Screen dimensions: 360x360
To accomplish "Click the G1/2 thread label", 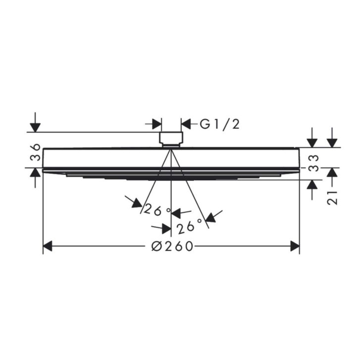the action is pyautogui.click(x=219, y=124).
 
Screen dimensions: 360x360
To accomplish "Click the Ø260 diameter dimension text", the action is pyautogui.click(x=172, y=246).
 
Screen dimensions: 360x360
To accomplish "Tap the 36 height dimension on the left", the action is pyautogui.click(x=36, y=152).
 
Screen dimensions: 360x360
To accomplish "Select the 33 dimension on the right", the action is pyautogui.click(x=313, y=163).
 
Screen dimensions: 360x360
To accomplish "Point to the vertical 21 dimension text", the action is pyautogui.click(x=332, y=197).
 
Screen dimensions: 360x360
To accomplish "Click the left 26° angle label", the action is pyautogui.click(x=157, y=210).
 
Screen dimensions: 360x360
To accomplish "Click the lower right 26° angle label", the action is pyautogui.click(x=190, y=226).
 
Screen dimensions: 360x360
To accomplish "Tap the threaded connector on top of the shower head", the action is pyautogui.click(x=171, y=139).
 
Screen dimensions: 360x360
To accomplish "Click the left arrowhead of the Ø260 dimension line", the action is pyautogui.click(x=48, y=246).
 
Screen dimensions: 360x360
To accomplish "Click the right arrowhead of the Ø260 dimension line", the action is pyautogui.click(x=295, y=246).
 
